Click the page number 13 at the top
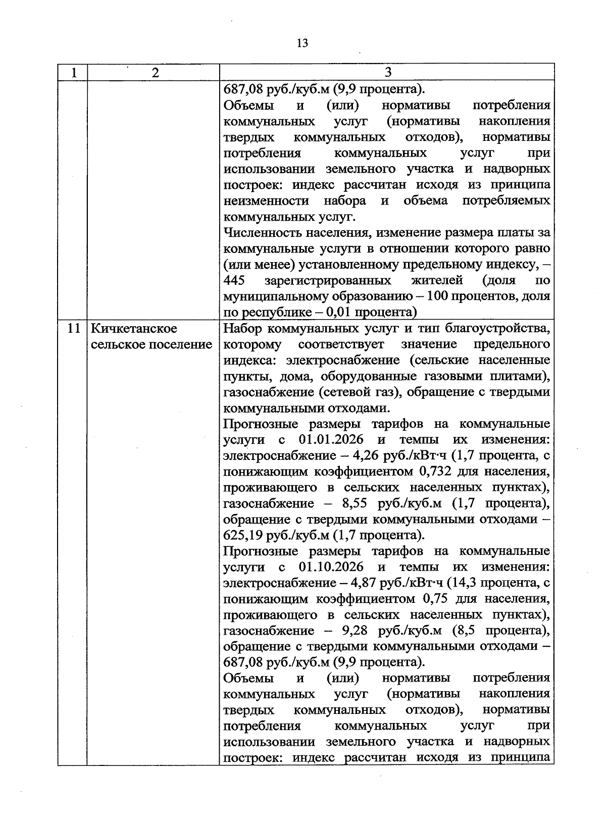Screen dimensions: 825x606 tap(302, 43)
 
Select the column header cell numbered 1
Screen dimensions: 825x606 tap(74, 73)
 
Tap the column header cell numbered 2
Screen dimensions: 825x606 tap(155, 73)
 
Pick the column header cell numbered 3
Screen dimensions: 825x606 tap(387, 73)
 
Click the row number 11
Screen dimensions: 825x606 tap(74, 329)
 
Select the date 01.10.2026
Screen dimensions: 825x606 tap(331, 566)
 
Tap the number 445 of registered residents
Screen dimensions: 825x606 tap(234, 280)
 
